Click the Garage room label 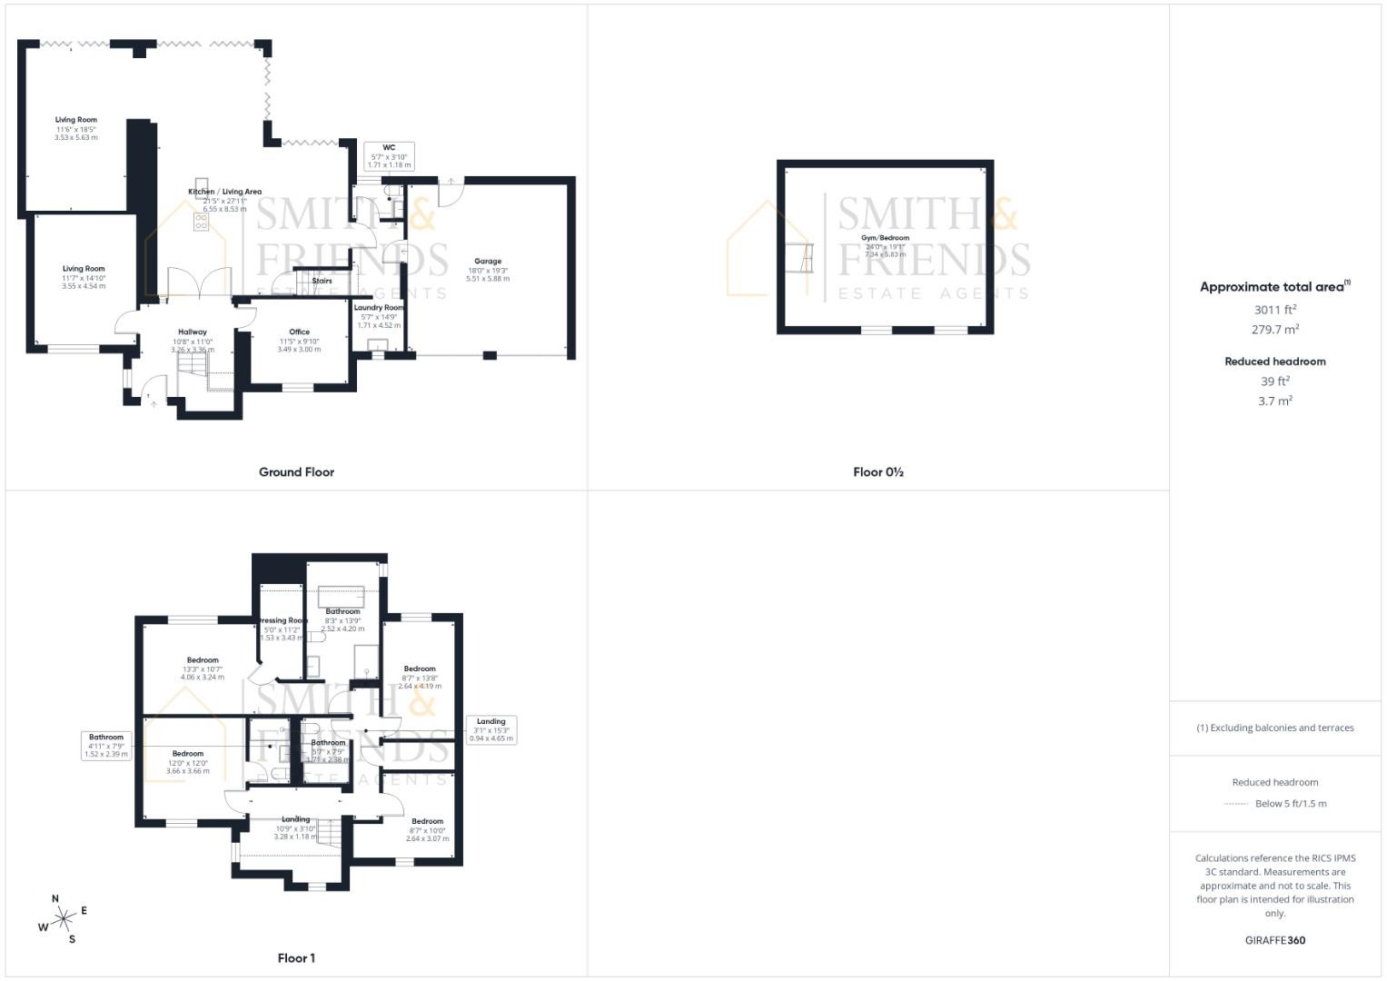click(488, 262)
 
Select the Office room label click(299, 332)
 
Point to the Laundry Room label click(379, 308)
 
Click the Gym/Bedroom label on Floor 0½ click(885, 238)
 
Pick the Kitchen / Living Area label click(224, 192)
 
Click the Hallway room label click(193, 332)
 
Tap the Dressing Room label click(283, 620)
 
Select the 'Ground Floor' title click(296, 472)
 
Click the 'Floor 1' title click(296, 958)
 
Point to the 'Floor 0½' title click(877, 472)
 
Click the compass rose click(63, 919)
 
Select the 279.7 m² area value click(1274, 330)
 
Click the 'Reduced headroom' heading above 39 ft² click(1274, 362)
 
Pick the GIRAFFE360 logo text click(1274, 940)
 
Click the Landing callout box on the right click(490, 730)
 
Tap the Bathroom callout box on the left click(106, 746)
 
